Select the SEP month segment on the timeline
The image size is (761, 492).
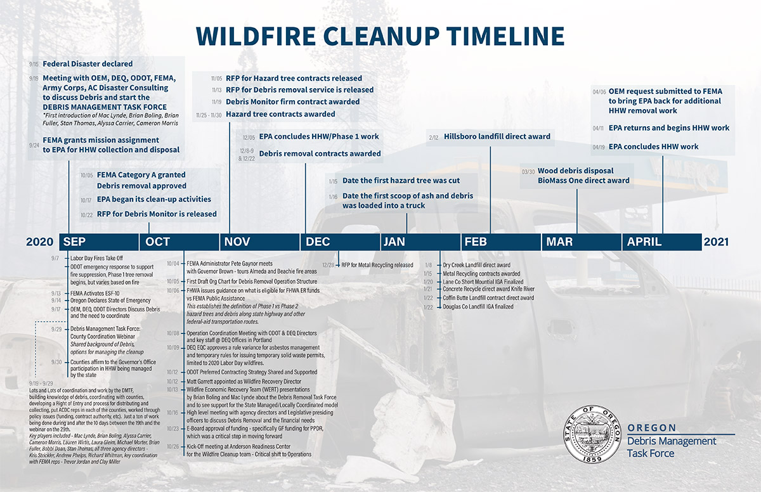[x=75, y=242]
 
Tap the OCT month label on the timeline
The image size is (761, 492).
[x=158, y=242]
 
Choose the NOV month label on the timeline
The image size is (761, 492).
[x=238, y=242]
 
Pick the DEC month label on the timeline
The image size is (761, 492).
[x=318, y=242]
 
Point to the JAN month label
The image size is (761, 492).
[x=394, y=242]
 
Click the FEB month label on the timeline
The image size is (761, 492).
[x=476, y=242]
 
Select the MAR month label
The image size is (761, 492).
[x=559, y=242]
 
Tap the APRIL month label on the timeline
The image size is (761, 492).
[x=644, y=242]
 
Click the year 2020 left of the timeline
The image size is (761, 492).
[x=40, y=242]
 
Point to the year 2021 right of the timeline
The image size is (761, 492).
[x=716, y=242]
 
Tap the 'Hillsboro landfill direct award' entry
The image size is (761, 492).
[x=497, y=136]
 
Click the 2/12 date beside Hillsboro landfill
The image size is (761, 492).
[x=434, y=137]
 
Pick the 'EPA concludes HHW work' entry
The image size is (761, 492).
[x=653, y=146]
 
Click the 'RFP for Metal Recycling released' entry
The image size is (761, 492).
[x=377, y=265]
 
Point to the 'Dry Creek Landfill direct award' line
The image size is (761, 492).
[x=476, y=265]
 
